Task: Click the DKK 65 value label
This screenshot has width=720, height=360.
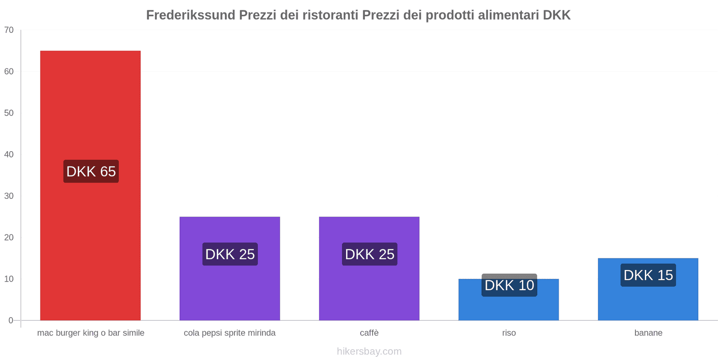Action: [91, 171]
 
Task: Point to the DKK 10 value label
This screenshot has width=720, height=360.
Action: [509, 285]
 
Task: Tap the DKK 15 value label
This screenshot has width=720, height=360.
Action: [648, 275]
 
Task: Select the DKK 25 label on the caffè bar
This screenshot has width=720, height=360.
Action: [369, 254]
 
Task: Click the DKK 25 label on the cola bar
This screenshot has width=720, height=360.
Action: [230, 254]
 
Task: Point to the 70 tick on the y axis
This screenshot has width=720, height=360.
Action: [9, 30]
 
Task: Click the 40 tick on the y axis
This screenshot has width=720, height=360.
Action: [9, 154]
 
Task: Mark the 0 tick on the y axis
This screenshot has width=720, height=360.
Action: [11, 320]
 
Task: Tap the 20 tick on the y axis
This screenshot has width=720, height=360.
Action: [9, 238]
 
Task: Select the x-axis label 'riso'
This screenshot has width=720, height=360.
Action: [509, 333]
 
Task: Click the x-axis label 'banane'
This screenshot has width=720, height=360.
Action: [648, 333]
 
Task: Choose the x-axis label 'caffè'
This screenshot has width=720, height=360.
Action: [369, 333]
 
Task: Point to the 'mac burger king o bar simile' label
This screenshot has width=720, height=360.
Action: [90, 333]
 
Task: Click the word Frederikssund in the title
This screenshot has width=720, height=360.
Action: [191, 15]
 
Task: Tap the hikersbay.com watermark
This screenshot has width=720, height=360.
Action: [369, 351]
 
